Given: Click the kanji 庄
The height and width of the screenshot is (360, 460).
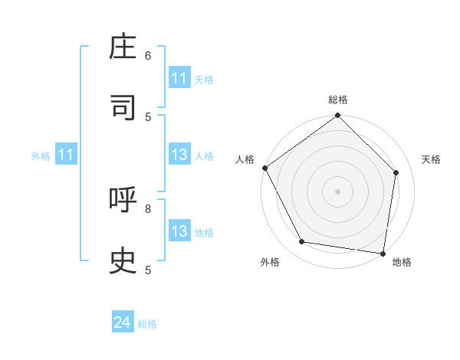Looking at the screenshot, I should click(x=123, y=48).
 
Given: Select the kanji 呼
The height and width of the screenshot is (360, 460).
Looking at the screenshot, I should click(x=123, y=201).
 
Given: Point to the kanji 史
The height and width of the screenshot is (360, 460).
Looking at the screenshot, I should click(x=123, y=260).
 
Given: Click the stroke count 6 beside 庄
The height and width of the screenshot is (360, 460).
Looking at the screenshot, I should click(x=148, y=56).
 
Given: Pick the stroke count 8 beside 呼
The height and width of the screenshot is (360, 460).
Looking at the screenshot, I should click(x=148, y=208).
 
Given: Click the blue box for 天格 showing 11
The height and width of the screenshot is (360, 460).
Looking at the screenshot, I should click(x=179, y=78).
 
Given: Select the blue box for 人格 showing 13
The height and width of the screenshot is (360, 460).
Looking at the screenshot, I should click(x=179, y=155).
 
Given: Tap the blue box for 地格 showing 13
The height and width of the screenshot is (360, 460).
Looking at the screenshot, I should click(x=179, y=231).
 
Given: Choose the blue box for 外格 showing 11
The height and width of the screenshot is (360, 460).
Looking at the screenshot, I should click(x=66, y=155).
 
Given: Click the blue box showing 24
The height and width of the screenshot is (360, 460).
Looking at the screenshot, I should click(x=122, y=322).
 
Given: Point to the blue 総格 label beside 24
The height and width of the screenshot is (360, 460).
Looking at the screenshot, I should click(x=147, y=324).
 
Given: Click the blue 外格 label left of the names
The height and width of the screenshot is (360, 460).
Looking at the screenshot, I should click(x=41, y=156).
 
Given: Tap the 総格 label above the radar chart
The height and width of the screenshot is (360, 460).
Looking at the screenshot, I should click(x=338, y=100).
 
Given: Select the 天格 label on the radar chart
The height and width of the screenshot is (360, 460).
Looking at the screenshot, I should click(x=431, y=159).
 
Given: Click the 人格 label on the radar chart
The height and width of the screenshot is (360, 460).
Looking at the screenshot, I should click(x=245, y=159).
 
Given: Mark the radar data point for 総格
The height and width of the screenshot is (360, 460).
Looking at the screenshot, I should click(x=338, y=116).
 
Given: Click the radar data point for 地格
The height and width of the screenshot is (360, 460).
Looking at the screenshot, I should click(x=383, y=253).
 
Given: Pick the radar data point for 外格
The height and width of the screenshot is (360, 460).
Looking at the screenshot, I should click(x=302, y=242).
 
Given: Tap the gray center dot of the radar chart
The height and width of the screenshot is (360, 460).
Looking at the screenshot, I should click(x=338, y=191).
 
